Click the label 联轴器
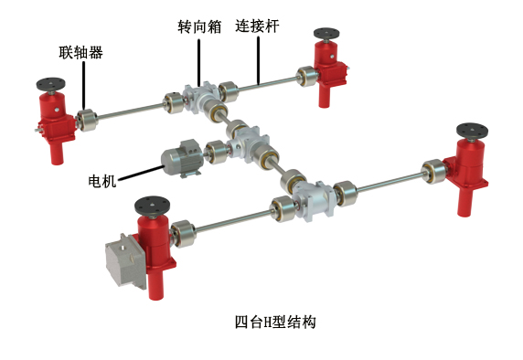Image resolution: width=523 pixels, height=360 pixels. pyautogui.click(x=81, y=52)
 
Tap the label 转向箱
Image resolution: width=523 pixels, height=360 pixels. pyautogui.click(x=199, y=26)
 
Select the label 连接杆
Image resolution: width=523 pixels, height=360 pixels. pyautogui.click(x=257, y=26)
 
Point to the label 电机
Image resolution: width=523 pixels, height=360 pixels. pyautogui.click(x=102, y=181)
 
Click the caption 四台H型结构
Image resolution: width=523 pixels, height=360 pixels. pyautogui.click(x=275, y=322)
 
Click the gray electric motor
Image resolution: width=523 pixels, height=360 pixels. pyautogui.click(x=182, y=158)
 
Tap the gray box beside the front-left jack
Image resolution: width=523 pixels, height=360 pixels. pyautogui.click(x=126, y=261)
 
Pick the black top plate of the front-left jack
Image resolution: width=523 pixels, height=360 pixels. pyautogui.click(x=152, y=206)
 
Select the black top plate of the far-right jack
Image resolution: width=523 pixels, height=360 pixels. pyautogui.click(x=472, y=131)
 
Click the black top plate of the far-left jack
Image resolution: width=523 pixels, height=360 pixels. pyautogui.click(x=50, y=84)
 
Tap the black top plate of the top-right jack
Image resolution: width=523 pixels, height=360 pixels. pyautogui.click(x=326, y=33)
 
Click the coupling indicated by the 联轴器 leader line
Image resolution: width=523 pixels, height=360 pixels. pyautogui.click(x=87, y=120)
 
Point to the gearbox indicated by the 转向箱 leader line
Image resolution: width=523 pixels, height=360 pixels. pyautogui.click(x=199, y=97)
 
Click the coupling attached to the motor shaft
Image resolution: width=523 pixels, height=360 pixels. pyautogui.click(x=216, y=152)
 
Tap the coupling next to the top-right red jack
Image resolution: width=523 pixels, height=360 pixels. pyautogui.click(x=306, y=77)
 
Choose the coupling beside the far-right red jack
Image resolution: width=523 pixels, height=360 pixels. pyautogui.click(x=433, y=172)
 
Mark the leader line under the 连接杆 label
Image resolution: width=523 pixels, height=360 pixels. pyautogui.click(x=258, y=60)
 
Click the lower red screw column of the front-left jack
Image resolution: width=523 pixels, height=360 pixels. pyautogui.click(x=155, y=281)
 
